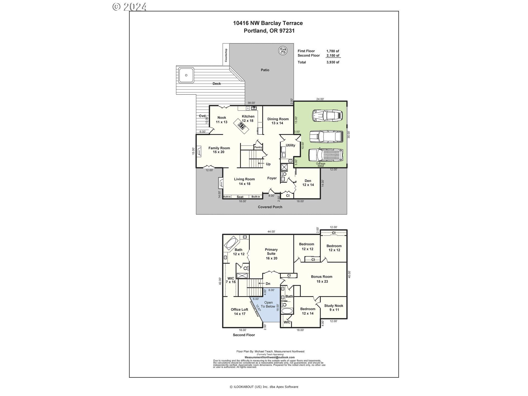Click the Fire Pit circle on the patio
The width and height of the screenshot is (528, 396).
(x=283, y=51)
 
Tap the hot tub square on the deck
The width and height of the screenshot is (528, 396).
(x=186, y=75)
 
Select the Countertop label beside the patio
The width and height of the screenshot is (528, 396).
(x=226, y=55)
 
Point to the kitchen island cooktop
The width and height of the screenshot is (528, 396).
(x=242, y=126)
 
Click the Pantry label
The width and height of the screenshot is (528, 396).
(x=258, y=147)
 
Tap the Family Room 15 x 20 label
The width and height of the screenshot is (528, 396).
(x=219, y=150)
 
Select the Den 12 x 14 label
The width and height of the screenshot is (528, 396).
(x=308, y=183)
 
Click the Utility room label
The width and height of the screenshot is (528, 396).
(x=290, y=145)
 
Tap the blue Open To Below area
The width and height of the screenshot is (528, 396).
(x=268, y=305)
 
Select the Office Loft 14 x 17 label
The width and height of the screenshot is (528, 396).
(x=239, y=311)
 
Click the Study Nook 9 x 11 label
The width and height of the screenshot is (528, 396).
(x=334, y=307)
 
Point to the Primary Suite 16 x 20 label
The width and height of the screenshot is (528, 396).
(x=271, y=254)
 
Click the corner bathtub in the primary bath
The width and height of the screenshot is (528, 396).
(x=231, y=243)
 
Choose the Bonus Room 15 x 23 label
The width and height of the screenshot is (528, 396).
(x=322, y=279)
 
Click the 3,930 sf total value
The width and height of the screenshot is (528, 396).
(x=333, y=62)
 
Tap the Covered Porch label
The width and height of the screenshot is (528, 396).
(x=270, y=207)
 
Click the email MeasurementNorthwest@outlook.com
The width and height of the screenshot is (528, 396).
(x=269, y=357)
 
